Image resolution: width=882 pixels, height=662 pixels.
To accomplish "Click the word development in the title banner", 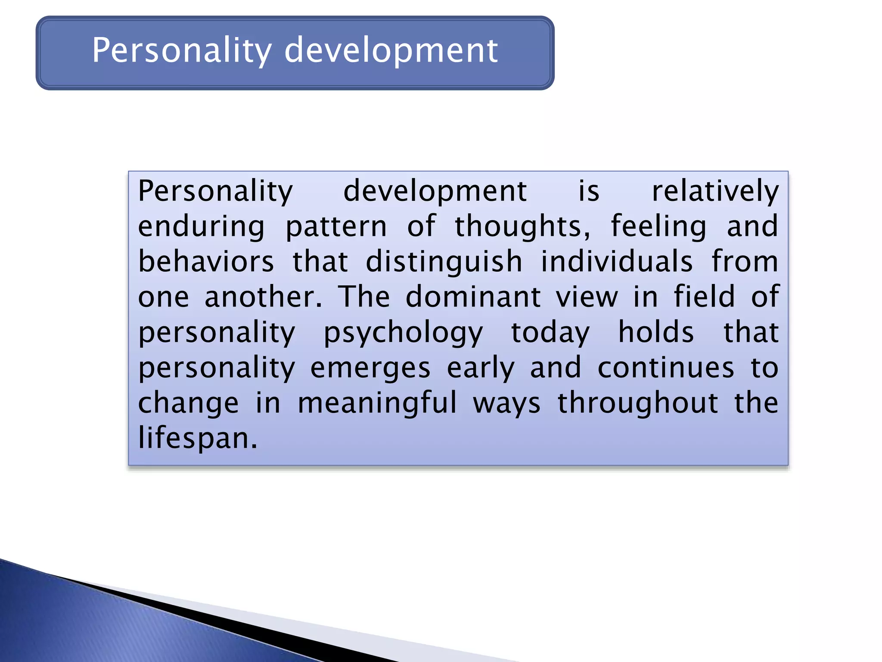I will tap(391, 51).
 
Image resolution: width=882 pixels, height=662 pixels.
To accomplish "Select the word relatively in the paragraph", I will tap(715, 191).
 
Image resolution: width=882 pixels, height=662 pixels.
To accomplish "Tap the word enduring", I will tap(201, 227).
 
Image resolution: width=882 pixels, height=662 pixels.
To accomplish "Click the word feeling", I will tap(658, 227).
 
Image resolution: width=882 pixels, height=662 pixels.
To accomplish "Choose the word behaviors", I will tap(206, 262).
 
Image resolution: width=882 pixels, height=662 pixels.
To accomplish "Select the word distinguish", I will tap(444, 262).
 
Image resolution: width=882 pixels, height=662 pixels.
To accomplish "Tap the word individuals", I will tap(617, 262).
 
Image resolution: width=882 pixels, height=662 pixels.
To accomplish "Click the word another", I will tap(263, 297).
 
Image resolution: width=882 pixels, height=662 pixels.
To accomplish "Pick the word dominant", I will tap(473, 297).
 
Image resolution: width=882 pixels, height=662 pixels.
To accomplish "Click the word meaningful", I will tap(377, 403).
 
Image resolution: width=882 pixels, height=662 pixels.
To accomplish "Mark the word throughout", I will tap(638, 403).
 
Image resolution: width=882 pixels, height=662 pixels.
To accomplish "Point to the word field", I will tap(704, 297).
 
